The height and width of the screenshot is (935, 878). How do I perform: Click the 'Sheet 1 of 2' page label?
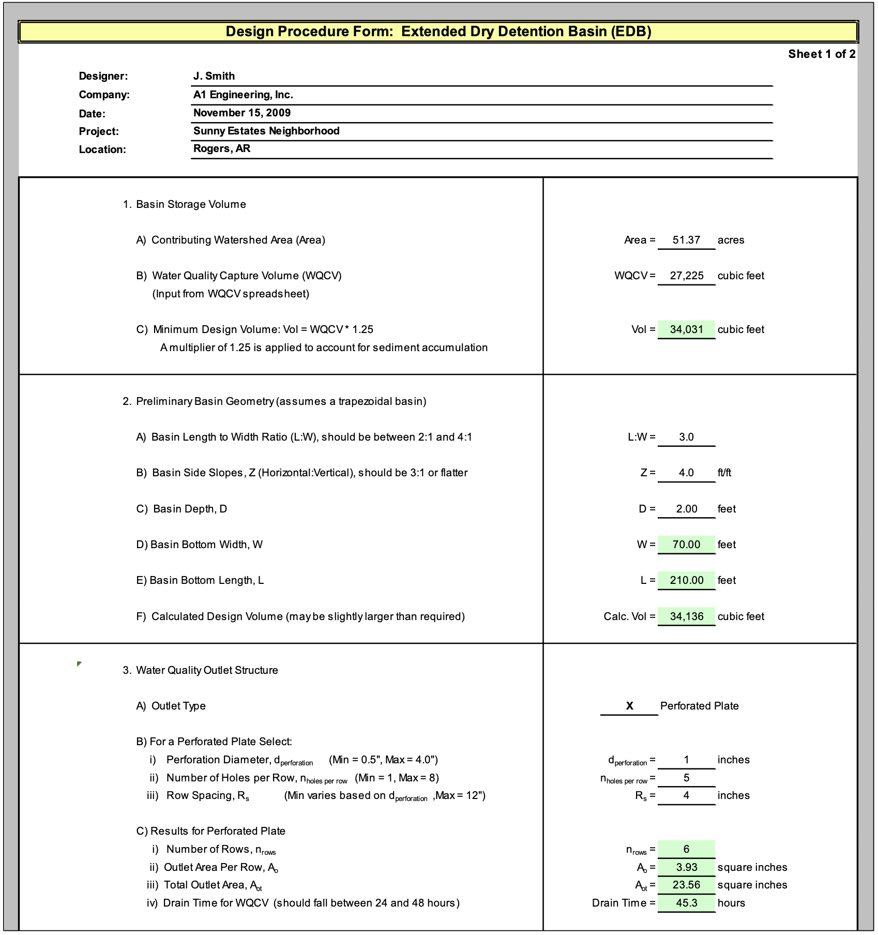click(x=821, y=54)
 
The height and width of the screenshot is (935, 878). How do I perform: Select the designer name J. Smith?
click(x=214, y=76)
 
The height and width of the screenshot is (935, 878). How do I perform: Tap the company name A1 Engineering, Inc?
click(x=243, y=95)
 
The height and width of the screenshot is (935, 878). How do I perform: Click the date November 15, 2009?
click(x=242, y=113)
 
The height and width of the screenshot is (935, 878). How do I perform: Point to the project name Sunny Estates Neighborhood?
click(x=266, y=131)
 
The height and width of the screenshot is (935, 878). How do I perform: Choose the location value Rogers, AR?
click(x=222, y=149)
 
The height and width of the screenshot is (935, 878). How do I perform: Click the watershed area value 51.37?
click(x=686, y=240)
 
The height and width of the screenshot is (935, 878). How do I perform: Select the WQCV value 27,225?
click(x=687, y=276)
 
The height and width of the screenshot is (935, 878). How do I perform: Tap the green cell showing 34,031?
click(x=687, y=329)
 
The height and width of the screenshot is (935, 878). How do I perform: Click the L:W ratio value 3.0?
click(x=686, y=437)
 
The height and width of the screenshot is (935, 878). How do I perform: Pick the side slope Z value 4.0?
click(x=686, y=473)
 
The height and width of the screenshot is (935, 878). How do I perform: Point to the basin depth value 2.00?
click(x=687, y=509)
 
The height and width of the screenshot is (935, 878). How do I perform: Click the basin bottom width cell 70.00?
click(x=687, y=545)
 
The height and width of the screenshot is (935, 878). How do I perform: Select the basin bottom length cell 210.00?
click(x=687, y=580)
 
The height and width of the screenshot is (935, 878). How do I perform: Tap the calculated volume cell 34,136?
click(x=687, y=616)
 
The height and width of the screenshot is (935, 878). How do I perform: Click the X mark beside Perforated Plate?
click(x=629, y=706)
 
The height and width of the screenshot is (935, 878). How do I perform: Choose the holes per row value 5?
click(x=686, y=778)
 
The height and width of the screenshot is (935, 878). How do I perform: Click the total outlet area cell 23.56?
click(x=687, y=885)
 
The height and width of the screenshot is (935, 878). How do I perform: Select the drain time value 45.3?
click(x=687, y=903)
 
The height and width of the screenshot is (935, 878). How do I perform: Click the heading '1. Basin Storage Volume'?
click(x=185, y=204)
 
